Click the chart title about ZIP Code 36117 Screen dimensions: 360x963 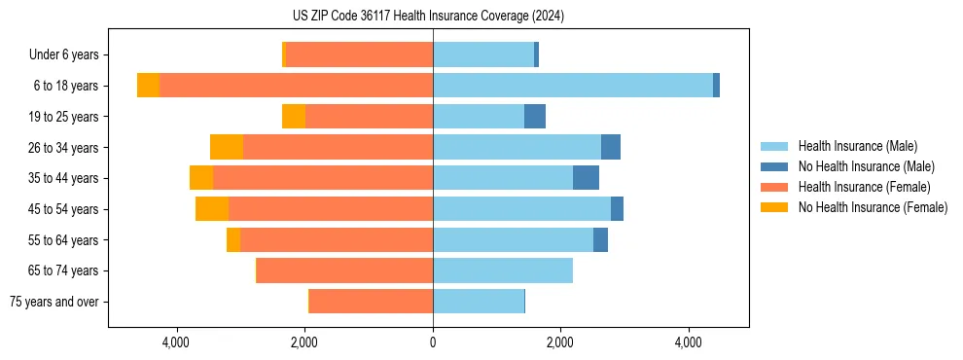[x=428, y=17]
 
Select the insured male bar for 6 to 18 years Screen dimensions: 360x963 [x=573, y=86]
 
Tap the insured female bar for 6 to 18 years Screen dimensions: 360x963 [x=296, y=86]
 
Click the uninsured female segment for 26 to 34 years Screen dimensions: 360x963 [x=227, y=147]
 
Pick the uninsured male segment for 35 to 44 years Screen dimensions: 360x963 [x=586, y=178]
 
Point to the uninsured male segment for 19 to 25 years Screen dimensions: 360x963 [x=535, y=117]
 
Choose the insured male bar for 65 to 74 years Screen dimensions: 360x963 [x=503, y=270]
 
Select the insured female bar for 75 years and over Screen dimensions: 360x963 [x=371, y=302]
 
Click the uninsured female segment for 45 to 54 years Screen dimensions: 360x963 [x=212, y=209]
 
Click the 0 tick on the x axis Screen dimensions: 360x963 [x=433, y=342]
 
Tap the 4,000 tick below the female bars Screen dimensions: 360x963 [x=177, y=342]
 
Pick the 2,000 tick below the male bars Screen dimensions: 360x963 [x=560, y=342]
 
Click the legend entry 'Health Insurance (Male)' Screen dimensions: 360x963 [x=857, y=146]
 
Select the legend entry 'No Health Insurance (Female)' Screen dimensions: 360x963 [x=873, y=207]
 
